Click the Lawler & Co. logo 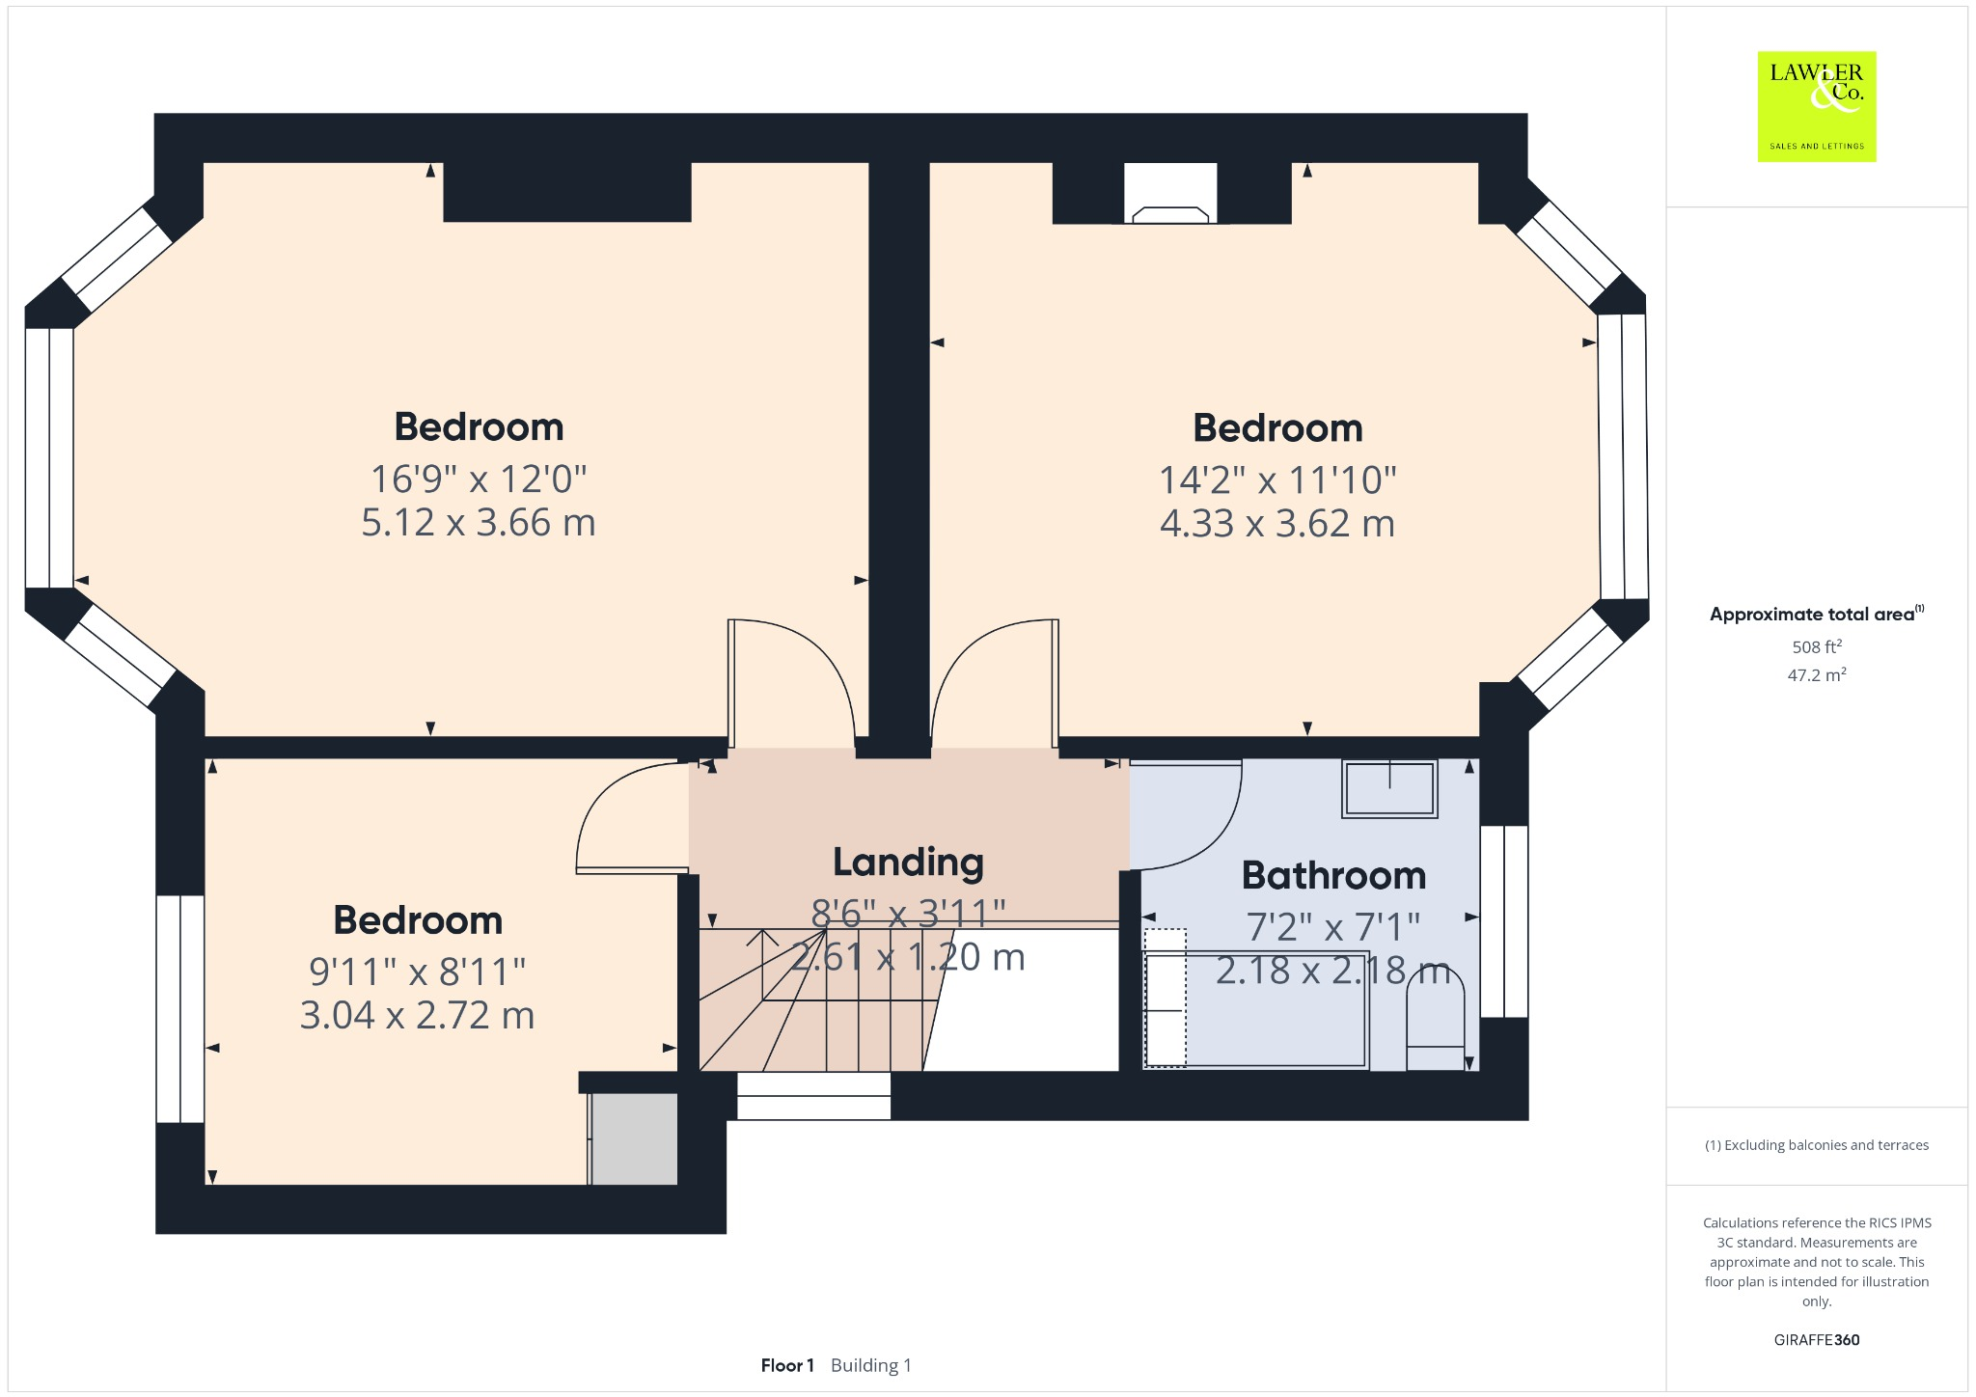coord(1816,106)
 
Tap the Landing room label coord(908,863)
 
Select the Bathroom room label coord(1333,876)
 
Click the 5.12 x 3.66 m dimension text coord(479,523)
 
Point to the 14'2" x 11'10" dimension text coord(1277,479)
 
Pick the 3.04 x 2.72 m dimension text coord(417,1016)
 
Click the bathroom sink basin coord(1389,789)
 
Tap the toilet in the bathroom coord(1435,1023)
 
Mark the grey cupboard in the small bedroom coord(634,1138)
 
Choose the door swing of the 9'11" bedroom coord(632,820)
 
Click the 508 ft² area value coord(1817,647)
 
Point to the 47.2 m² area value coord(1817,675)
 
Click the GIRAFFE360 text coord(1817,1340)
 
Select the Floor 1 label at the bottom coord(787,1365)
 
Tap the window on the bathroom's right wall coord(1504,921)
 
